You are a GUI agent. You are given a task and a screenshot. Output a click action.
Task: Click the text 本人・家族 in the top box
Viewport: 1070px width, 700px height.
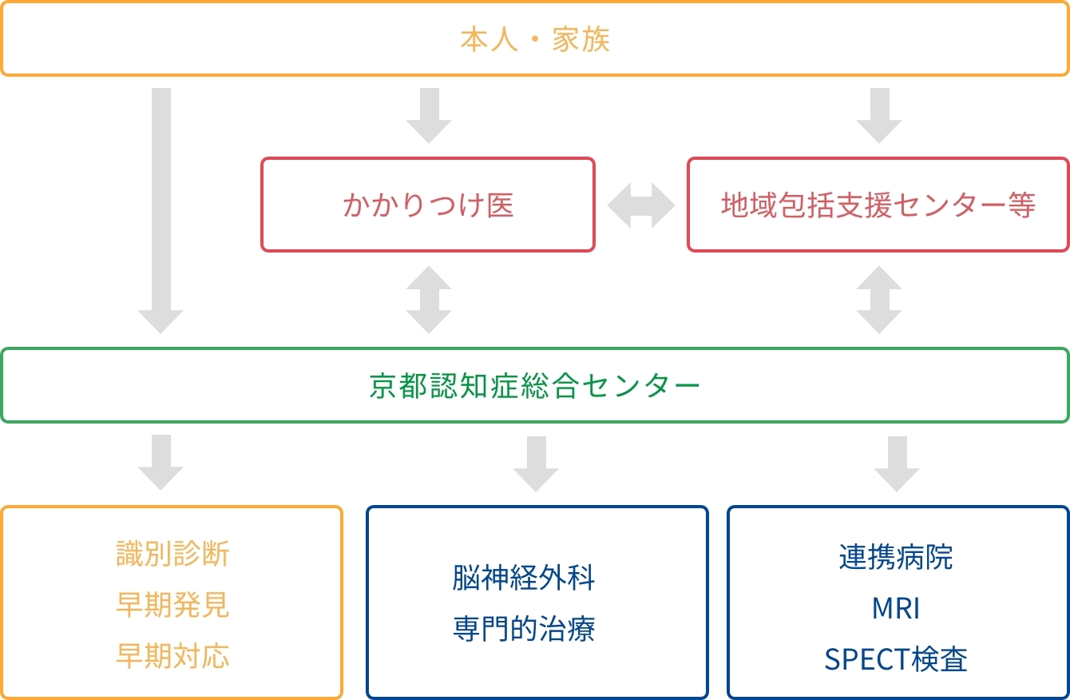point(535,39)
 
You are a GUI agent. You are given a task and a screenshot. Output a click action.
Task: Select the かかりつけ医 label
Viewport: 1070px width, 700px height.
point(428,205)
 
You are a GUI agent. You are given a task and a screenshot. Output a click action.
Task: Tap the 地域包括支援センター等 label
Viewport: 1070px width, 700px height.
point(878,205)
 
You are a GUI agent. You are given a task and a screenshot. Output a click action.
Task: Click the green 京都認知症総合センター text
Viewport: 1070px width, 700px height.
point(535,386)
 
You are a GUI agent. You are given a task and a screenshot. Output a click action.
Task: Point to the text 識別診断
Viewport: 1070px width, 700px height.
point(172,554)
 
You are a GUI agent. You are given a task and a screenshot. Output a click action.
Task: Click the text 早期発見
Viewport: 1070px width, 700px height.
point(172,605)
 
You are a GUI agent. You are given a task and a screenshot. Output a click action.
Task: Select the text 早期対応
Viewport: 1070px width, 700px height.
point(172,655)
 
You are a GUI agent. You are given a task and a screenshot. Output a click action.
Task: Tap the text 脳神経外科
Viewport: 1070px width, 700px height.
point(524,578)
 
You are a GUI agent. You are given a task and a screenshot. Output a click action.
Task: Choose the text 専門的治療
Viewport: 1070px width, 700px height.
point(524,629)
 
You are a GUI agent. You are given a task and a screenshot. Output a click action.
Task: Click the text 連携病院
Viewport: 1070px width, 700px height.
point(896,557)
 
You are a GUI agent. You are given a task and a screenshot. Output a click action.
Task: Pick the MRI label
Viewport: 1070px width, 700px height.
point(896,608)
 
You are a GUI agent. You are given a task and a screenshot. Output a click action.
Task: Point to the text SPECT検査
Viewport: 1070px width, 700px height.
point(896,659)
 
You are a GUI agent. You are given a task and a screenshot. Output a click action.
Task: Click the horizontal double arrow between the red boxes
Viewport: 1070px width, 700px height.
point(641,205)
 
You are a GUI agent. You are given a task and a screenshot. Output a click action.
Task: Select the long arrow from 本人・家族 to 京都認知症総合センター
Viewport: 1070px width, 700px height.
point(161,210)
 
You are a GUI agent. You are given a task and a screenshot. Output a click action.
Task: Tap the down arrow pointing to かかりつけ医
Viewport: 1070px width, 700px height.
point(429,115)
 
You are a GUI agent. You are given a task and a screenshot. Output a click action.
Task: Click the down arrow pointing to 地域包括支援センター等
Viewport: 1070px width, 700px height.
point(879,115)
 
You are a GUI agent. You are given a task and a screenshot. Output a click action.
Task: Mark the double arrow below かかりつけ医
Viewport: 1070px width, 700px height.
point(429,300)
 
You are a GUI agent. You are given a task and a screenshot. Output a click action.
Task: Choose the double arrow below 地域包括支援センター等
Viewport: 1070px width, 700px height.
point(879,300)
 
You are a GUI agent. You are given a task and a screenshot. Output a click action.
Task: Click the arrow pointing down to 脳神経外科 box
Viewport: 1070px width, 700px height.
point(536,463)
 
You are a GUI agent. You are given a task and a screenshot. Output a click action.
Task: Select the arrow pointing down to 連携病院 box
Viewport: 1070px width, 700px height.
point(897,463)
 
